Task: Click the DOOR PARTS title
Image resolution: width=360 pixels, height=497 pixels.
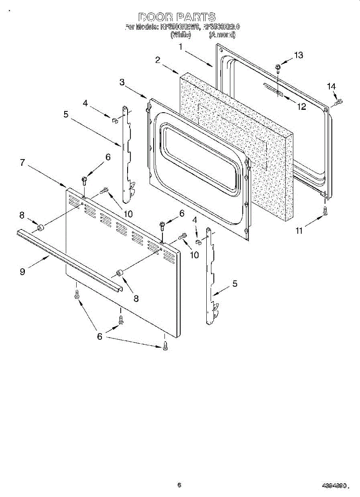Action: click(x=177, y=17)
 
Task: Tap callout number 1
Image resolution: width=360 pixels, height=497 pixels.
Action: click(x=181, y=47)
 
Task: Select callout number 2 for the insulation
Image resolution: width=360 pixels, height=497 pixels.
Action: click(x=158, y=60)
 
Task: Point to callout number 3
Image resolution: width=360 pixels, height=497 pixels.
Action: click(x=122, y=82)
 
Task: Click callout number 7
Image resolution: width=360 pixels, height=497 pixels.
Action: click(x=22, y=162)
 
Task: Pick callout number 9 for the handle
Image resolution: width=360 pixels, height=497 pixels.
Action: click(x=22, y=271)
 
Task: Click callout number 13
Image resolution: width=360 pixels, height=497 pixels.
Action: click(x=298, y=55)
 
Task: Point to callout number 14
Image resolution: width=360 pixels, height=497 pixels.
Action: click(x=331, y=86)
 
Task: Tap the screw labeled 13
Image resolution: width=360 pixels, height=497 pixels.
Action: click(x=278, y=67)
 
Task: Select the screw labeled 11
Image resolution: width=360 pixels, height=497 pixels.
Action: click(x=325, y=210)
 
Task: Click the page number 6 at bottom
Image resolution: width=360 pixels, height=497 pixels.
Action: click(x=179, y=485)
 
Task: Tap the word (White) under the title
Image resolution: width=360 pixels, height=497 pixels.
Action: click(x=180, y=35)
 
